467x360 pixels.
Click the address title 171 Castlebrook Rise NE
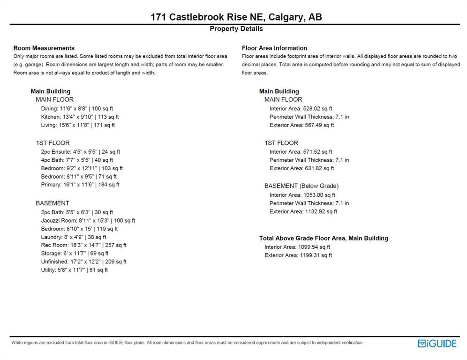[x=236, y=17]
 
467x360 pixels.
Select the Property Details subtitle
[x=236, y=29]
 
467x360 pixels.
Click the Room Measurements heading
[x=44, y=48]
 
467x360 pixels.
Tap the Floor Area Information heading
[x=274, y=48]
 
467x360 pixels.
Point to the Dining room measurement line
[x=77, y=108]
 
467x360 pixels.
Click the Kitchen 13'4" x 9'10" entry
[x=80, y=117]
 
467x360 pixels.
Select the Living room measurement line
[x=78, y=125]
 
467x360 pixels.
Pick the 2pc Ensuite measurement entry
[x=81, y=151]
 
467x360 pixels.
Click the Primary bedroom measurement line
[x=80, y=185]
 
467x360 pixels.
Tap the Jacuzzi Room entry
[x=88, y=220]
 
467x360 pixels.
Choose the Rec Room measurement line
[x=83, y=245]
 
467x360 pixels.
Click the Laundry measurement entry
[x=74, y=237]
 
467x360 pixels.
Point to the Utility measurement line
[x=74, y=270]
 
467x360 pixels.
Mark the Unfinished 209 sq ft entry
[x=83, y=262]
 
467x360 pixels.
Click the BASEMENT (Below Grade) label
[x=301, y=186]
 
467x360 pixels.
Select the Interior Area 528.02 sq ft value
[x=301, y=108]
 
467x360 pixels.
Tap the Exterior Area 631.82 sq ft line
[x=301, y=168]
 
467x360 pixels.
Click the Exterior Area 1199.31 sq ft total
[x=298, y=255]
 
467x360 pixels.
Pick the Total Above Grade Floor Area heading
[x=324, y=238]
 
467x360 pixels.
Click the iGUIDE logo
[x=437, y=344]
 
